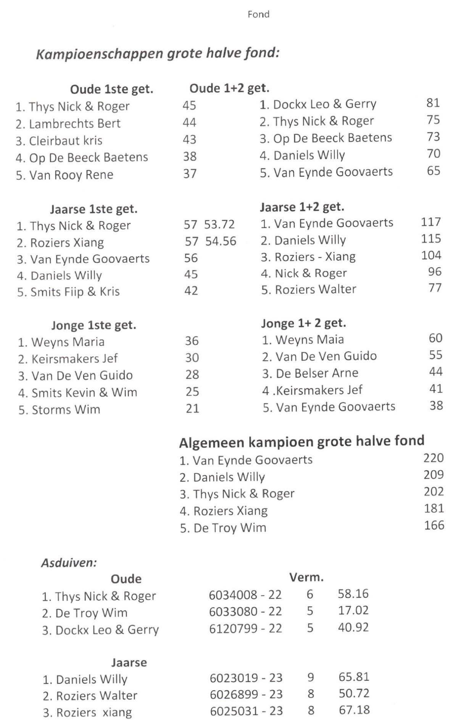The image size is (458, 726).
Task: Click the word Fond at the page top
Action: pos(258,14)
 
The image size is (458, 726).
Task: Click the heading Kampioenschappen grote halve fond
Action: pos(158,53)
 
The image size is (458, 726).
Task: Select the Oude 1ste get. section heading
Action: pos(111,90)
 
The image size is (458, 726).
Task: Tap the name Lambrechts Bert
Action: pos(74,124)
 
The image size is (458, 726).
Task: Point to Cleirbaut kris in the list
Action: pos(65,141)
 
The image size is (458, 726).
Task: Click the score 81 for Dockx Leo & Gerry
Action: pos(433,103)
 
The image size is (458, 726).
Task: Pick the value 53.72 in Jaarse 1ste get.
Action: pos(219,225)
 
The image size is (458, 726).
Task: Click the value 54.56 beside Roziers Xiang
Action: pos(221,241)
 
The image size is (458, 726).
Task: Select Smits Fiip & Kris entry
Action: pos(75,292)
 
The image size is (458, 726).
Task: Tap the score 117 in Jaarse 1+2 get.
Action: pos(431,222)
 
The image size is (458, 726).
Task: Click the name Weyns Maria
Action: pos(68,342)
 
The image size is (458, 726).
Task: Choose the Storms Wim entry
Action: pos(66,410)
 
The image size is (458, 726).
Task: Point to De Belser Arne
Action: pos(317,373)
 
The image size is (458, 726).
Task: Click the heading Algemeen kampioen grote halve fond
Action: pos(302,442)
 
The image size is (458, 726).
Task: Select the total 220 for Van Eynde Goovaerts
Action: pos(434,458)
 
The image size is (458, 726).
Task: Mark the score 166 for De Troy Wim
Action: pos(434,525)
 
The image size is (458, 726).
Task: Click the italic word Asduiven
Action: pos(69,563)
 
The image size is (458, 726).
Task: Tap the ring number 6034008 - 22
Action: pos(245,595)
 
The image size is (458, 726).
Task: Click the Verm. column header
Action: pos(306,578)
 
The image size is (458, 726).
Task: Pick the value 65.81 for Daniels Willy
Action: pos(354,677)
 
